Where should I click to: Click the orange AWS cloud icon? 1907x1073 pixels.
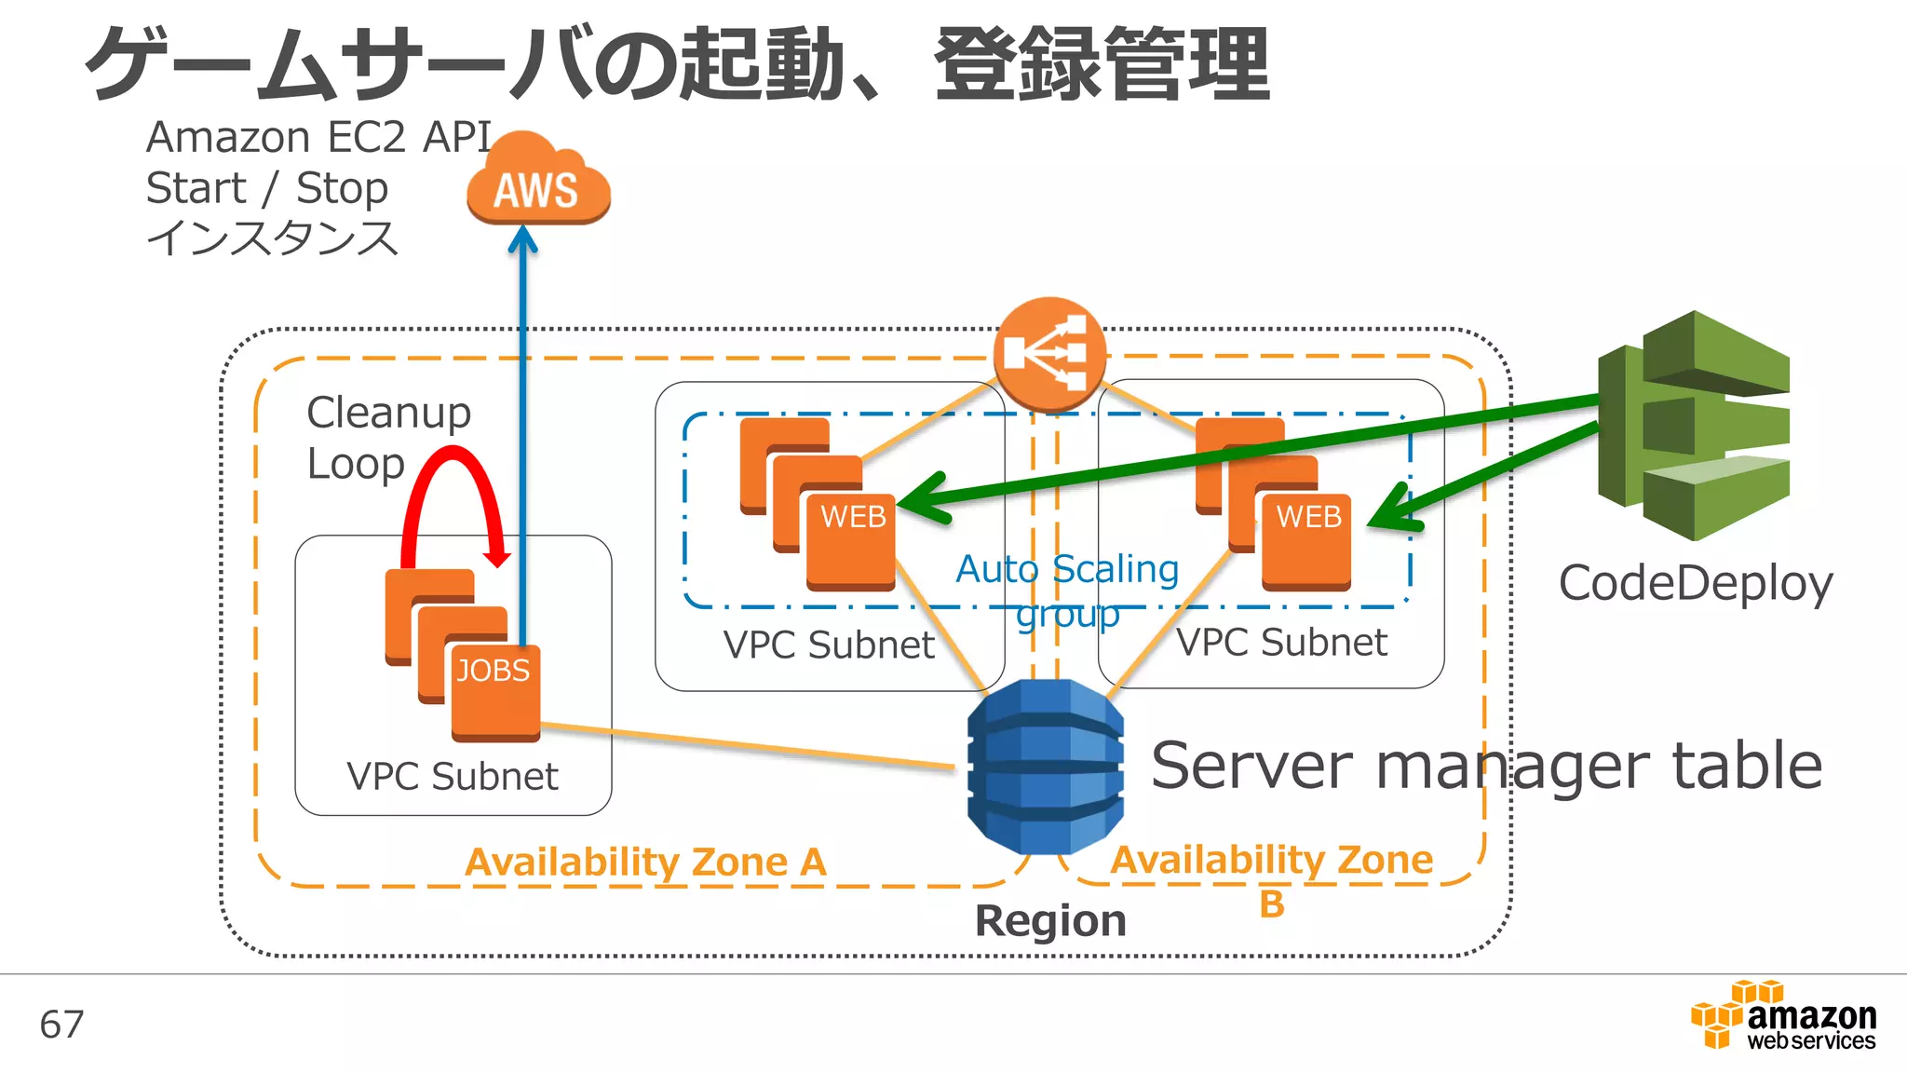(x=538, y=181)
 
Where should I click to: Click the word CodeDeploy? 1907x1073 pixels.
(x=1696, y=584)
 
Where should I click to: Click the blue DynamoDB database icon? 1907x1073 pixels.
(x=1045, y=767)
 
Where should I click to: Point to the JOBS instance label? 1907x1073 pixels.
(x=493, y=671)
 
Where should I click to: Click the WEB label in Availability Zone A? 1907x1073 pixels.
(x=853, y=517)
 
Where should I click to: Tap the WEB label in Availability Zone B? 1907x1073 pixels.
(x=1308, y=517)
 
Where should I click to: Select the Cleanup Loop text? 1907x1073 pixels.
(x=389, y=438)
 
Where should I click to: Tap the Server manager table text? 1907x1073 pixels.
(x=1486, y=766)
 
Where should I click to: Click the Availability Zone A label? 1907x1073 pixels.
(x=645, y=862)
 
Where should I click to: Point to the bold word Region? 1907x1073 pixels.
(x=1050, y=921)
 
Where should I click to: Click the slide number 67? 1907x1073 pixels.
(x=61, y=1025)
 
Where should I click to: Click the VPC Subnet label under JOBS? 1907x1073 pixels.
(x=453, y=777)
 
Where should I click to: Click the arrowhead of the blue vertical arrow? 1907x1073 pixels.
(x=522, y=239)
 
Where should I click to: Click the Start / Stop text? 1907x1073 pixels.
(x=267, y=189)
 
